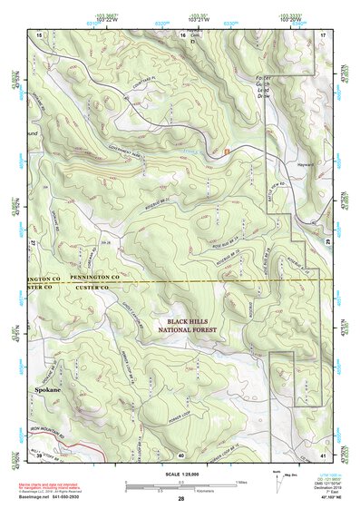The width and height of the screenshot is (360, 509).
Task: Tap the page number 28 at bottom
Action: pos(181,499)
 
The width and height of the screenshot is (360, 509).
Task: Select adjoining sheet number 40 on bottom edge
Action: pos(181,454)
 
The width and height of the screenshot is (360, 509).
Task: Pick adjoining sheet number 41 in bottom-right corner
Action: pos(325,454)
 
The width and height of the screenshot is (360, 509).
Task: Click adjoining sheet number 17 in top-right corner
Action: pos(323,34)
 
